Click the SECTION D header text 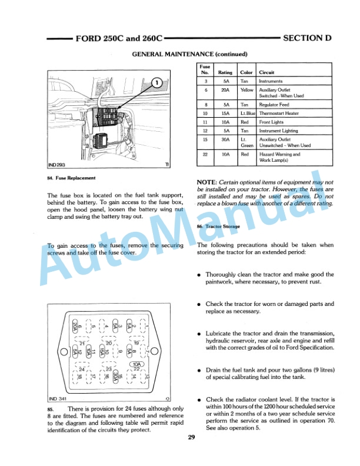coord(307,38)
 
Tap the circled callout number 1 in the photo coord(157,82)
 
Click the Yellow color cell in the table coord(247,91)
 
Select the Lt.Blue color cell coord(247,112)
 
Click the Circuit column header coord(266,72)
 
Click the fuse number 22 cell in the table coord(205,154)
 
